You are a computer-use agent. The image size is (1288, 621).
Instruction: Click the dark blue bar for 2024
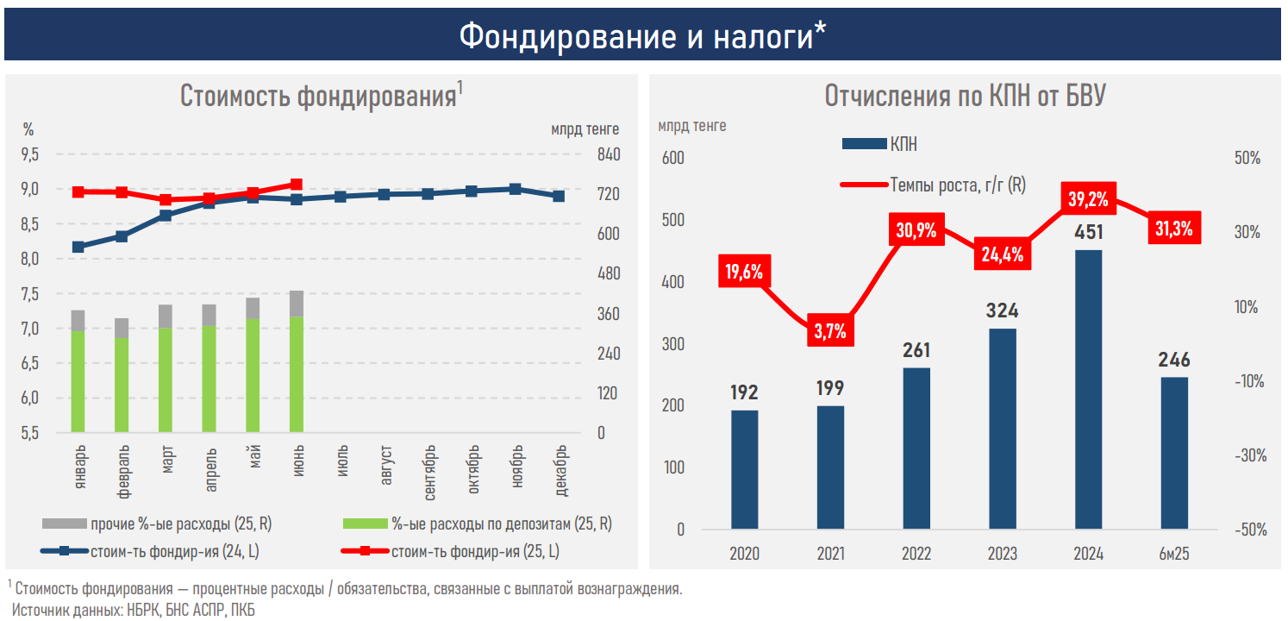click(x=1088, y=389)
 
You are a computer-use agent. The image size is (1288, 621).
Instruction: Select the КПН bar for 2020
click(x=745, y=469)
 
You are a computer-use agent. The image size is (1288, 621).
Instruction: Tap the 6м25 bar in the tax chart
click(x=1174, y=453)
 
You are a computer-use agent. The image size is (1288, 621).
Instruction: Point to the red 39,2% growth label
click(x=1088, y=199)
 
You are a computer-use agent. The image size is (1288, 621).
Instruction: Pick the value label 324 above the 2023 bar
click(x=1004, y=310)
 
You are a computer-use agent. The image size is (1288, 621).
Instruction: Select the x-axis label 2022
click(x=916, y=554)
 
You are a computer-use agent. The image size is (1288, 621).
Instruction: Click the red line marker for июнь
click(x=297, y=185)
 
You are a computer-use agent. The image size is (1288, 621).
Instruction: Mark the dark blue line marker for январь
click(x=78, y=247)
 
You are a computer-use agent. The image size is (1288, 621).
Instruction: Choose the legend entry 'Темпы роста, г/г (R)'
click(x=957, y=184)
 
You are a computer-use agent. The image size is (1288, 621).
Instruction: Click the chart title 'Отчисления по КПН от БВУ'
click(x=965, y=96)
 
